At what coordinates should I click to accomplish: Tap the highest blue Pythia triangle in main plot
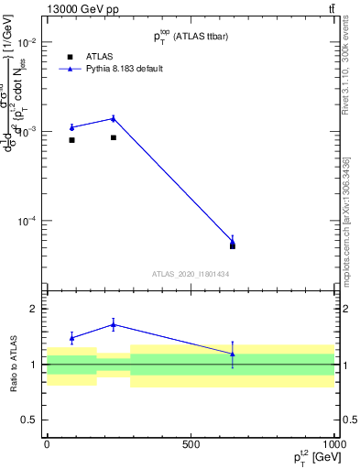coord(114,118)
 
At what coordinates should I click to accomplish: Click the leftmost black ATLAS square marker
coord(71,140)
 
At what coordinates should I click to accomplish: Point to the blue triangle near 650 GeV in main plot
coord(233,242)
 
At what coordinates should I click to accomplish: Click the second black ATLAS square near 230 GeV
coord(114,137)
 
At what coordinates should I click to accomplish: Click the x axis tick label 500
coord(191,444)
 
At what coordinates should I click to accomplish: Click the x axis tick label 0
coord(47,444)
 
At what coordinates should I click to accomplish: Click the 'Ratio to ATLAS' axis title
coord(13,365)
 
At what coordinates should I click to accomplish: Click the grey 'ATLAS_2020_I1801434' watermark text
coord(191,274)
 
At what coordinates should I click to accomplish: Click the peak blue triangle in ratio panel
coord(114,324)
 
